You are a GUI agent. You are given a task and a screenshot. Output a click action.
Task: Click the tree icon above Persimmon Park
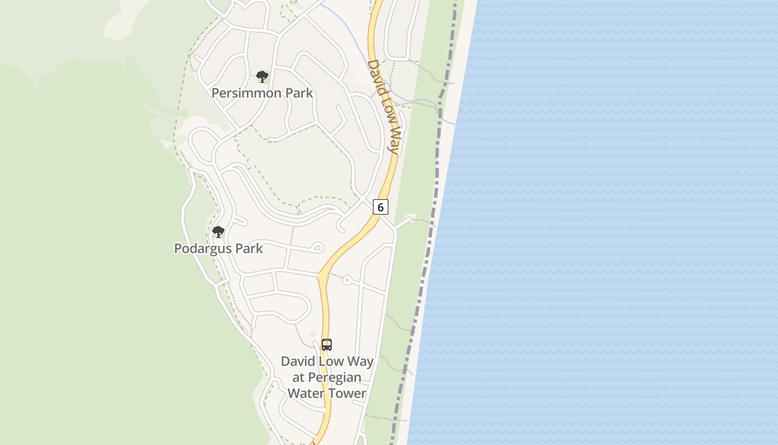pyautogui.click(x=262, y=77)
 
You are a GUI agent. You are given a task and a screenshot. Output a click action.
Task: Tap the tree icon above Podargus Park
pyautogui.click(x=218, y=232)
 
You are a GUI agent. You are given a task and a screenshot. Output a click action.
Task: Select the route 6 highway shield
pyautogui.click(x=380, y=207)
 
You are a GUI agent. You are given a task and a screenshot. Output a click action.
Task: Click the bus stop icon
pyautogui.click(x=327, y=345)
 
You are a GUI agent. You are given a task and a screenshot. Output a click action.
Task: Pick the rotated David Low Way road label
pyautogui.click(x=384, y=106)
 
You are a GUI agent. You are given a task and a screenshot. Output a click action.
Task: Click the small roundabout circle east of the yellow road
pyautogui.click(x=347, y=280)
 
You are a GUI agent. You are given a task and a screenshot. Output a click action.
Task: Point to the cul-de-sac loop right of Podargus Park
pyautogui.click(x=318, y=248)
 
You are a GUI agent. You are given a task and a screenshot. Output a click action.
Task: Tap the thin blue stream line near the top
pyautogui.click(x=345, y=33)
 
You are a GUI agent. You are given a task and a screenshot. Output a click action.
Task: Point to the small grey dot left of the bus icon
pyautogui.click(x=312, y=334)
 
